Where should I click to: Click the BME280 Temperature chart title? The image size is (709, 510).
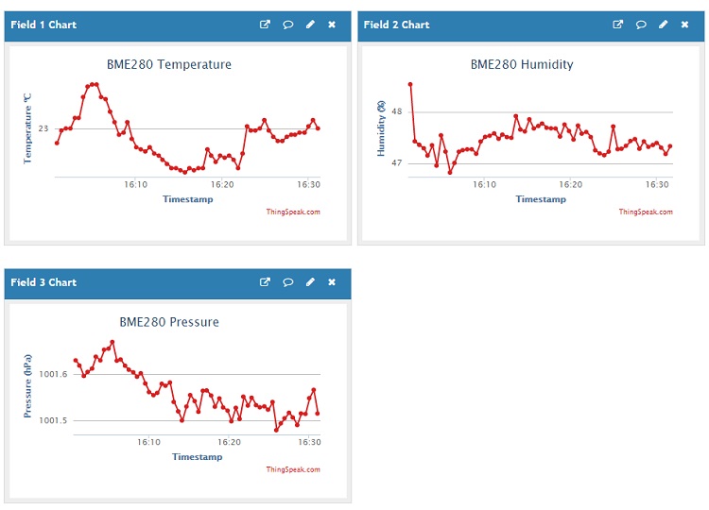pos(168,65)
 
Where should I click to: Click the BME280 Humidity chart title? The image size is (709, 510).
pos(522,65)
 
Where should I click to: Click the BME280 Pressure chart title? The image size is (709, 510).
pos(169,322)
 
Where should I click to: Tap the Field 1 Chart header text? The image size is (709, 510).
pos(43,25)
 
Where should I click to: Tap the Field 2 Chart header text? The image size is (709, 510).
pos(396,25)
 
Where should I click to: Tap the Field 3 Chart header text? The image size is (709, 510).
pos(43,282)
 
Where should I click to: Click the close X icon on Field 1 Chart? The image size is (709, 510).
pos(332,25)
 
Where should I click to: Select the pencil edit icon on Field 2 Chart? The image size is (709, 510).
pos(663,25)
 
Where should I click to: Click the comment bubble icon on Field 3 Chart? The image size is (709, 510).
pos(287,282)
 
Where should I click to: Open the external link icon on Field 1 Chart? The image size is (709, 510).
pos(265,25)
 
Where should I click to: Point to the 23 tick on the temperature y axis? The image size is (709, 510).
pos(43,128)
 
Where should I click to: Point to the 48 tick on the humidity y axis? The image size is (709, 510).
pos(396,111)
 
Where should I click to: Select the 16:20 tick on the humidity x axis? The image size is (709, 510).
pos(570,185)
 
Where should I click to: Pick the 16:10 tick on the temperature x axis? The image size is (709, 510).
pos(136,185)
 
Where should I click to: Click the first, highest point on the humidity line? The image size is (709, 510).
pos(410,84)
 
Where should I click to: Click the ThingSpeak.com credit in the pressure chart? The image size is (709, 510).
pos(293,469)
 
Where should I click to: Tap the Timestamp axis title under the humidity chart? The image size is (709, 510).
pos(541,199)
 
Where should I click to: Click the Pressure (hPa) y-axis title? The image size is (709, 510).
pos(28,386)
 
